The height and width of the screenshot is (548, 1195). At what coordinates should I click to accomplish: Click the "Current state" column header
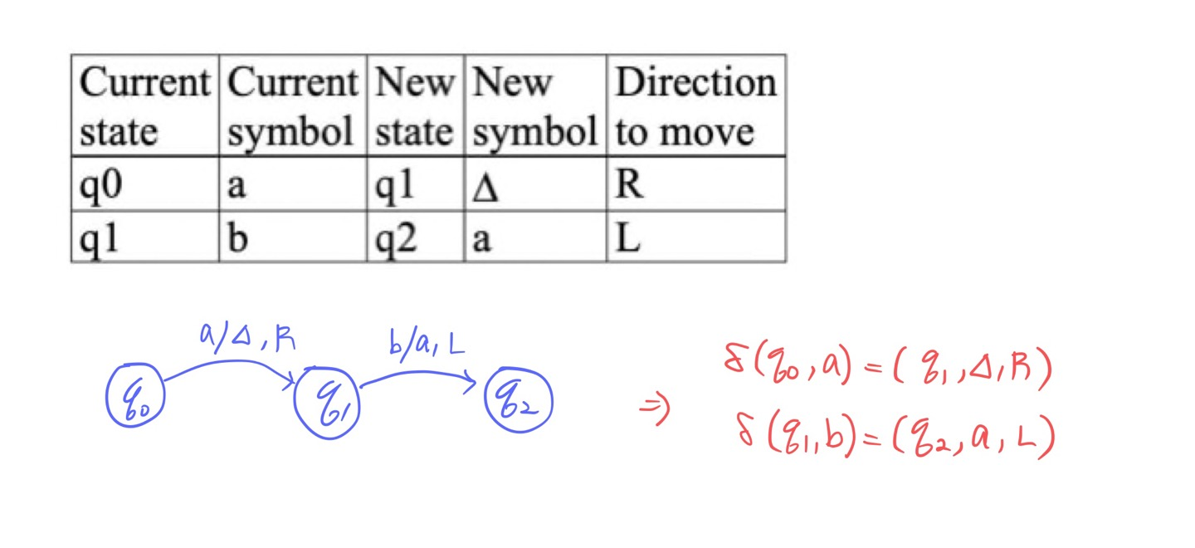pos(145,106)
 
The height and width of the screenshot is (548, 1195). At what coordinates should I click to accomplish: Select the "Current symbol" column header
pos(292,106)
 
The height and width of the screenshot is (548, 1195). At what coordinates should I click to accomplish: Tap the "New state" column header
pos(415,106)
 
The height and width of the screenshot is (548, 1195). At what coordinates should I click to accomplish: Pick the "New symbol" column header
pos(535,106)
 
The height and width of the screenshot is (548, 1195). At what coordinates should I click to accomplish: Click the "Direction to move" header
pos(695,106)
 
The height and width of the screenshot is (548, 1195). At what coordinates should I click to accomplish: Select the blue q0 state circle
pos(135,398)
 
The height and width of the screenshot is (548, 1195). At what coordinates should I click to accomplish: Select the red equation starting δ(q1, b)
pos(895,437)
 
